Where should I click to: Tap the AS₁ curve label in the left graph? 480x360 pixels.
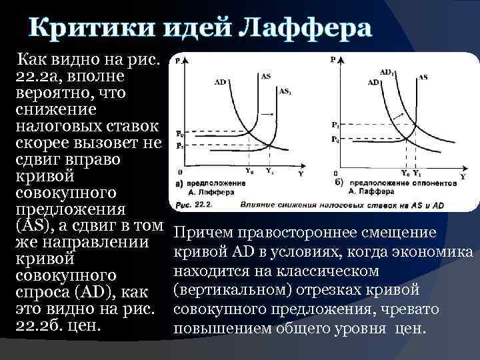click(285, 91)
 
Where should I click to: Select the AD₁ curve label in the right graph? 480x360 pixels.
click(387, 71)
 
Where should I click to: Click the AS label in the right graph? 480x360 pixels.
click(423, 77)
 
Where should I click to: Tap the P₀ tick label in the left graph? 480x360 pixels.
click(180, 133)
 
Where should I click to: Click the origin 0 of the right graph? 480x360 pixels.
click(334, 174)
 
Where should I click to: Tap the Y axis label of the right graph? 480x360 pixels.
click(463, 177)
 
